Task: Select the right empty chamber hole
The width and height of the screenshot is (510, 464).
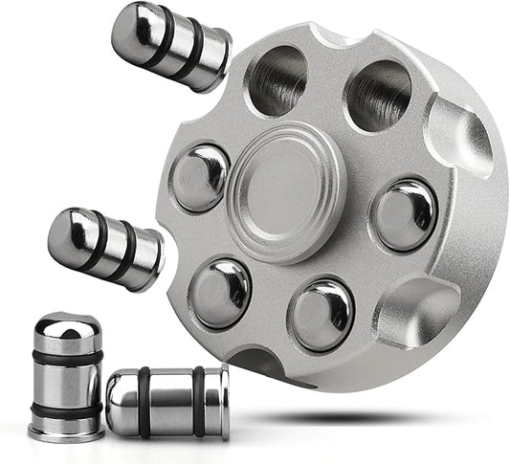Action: click(x=378, y=95)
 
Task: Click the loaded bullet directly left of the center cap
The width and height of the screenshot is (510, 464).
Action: click(x=200, y=177)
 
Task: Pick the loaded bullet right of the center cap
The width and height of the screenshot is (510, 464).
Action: click(x=404, y=213)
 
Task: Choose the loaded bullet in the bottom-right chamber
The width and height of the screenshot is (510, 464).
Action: click(x=322, y=313)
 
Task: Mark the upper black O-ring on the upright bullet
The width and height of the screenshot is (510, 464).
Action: click(x=66, y=357)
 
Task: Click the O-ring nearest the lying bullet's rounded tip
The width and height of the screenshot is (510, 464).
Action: click(x=144, y=402)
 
